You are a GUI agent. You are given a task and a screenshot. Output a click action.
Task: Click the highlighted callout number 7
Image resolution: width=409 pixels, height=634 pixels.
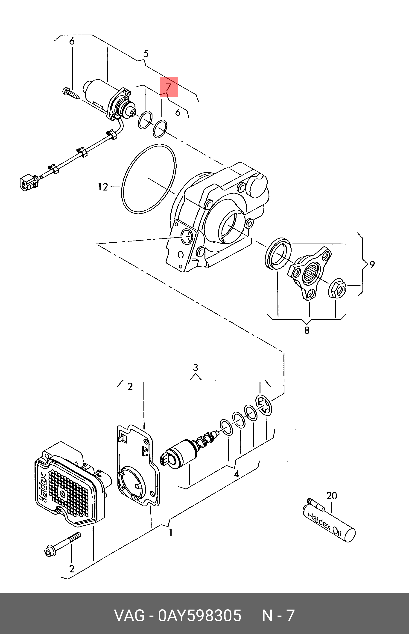[x=168, y=87]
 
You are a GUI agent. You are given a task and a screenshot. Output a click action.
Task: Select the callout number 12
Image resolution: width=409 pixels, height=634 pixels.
[x=103, y=187]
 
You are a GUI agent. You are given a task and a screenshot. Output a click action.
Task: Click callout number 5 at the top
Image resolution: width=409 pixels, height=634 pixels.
[x=146, y=54]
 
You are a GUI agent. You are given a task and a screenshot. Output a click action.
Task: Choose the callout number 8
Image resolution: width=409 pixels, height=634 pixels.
[x=307, y=330]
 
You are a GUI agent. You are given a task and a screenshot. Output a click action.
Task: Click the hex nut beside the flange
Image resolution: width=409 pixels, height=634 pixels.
[x=336, y=288]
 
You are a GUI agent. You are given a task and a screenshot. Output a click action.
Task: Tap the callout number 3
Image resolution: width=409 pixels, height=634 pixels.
[x=195, y=368]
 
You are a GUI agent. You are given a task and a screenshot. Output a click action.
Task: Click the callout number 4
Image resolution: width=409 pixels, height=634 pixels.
[x=236, y=474]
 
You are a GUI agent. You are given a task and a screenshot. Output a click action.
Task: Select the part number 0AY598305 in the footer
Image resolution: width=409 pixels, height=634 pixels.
[x=200, y=616]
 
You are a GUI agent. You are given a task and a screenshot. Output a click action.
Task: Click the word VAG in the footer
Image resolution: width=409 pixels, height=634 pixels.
[x=129, y=616]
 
